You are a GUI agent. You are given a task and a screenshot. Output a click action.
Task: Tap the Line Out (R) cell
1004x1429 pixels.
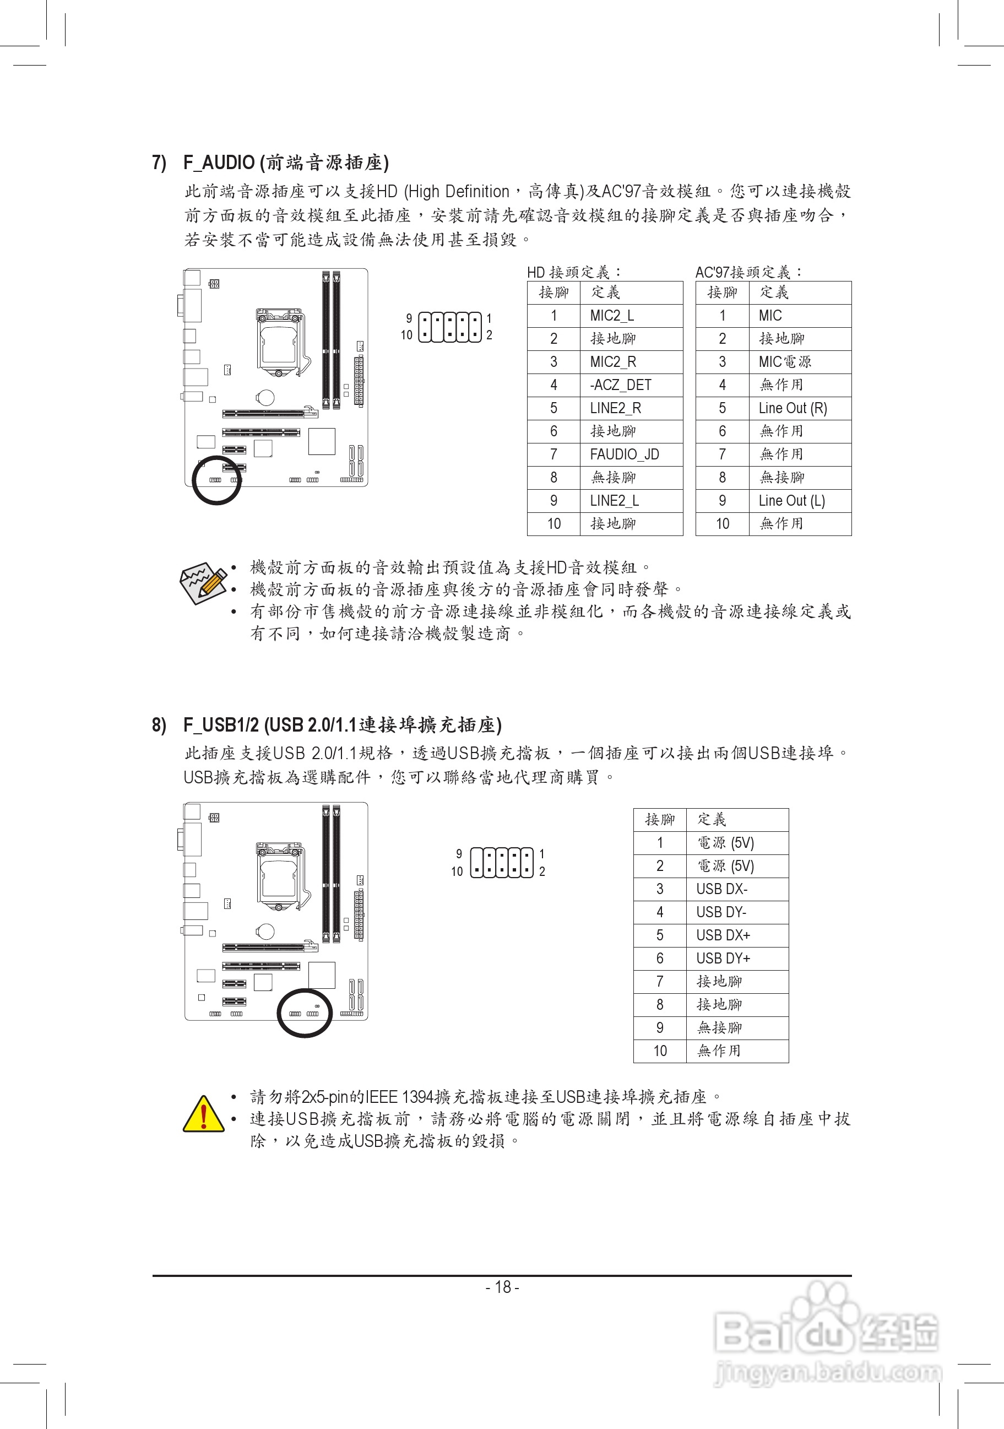coord(793,408)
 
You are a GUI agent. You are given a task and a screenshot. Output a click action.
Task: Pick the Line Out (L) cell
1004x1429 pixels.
coord(791,501)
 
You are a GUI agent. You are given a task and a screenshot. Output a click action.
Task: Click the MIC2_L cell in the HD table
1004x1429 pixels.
coord(611,316)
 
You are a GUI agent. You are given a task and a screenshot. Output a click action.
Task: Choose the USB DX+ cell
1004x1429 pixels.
coord(723,935)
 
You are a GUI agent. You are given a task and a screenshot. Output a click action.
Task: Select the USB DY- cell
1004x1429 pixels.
coord(721,912)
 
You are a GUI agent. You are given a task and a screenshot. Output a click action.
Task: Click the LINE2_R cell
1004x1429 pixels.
coord(615,408)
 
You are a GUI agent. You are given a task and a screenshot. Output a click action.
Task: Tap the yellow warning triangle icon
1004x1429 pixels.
coord(203,1114)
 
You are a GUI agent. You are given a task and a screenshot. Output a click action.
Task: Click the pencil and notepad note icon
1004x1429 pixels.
coord(203,582)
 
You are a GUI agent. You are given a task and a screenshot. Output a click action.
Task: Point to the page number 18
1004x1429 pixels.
coord(502,1286)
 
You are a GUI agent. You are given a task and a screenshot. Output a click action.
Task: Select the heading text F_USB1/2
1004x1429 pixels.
coord(221,725)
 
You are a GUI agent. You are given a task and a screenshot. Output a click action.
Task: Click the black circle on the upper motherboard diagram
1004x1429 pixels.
coord(216,480)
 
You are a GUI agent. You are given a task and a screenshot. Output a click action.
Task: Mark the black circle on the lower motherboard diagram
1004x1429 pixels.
coord(305,1013)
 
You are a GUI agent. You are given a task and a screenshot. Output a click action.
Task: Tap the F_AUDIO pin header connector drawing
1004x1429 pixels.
coord(450,327)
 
